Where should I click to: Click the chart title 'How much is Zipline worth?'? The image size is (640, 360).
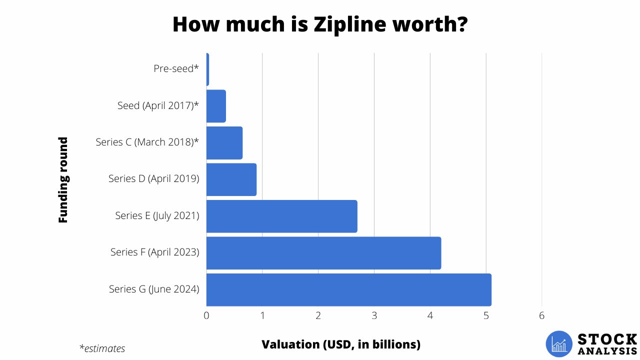pos(320,24)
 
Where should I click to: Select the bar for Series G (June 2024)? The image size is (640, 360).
pos(348,289)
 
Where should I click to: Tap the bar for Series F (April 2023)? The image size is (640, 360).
pos(323,252)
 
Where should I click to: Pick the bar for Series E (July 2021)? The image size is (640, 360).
pos(281,216)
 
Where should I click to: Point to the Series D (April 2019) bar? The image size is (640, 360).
pos(231,179)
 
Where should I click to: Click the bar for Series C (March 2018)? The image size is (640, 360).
pos(224,142)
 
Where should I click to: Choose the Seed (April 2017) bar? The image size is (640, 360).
pos(216,106)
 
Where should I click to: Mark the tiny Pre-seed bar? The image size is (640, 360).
pos(207,69)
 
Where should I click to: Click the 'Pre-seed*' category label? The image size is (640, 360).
pos(176,68)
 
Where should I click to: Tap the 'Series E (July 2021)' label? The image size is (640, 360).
pos(157,215)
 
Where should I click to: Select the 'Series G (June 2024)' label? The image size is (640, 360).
pos(154,289)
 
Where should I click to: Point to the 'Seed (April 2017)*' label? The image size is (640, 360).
pos(158,105)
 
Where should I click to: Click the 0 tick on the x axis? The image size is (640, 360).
pos(206,315)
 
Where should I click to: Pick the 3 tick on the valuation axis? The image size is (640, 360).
pos(374,315)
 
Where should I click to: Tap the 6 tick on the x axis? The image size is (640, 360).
pos(541,315)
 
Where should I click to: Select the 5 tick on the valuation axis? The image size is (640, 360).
pos(486,315)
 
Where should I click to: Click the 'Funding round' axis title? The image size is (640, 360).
pos(63,179)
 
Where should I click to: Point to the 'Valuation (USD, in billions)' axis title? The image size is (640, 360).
pos(341,344)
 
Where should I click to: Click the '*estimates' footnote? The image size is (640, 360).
pos(102,348)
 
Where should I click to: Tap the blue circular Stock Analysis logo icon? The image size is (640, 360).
pos(559,344)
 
